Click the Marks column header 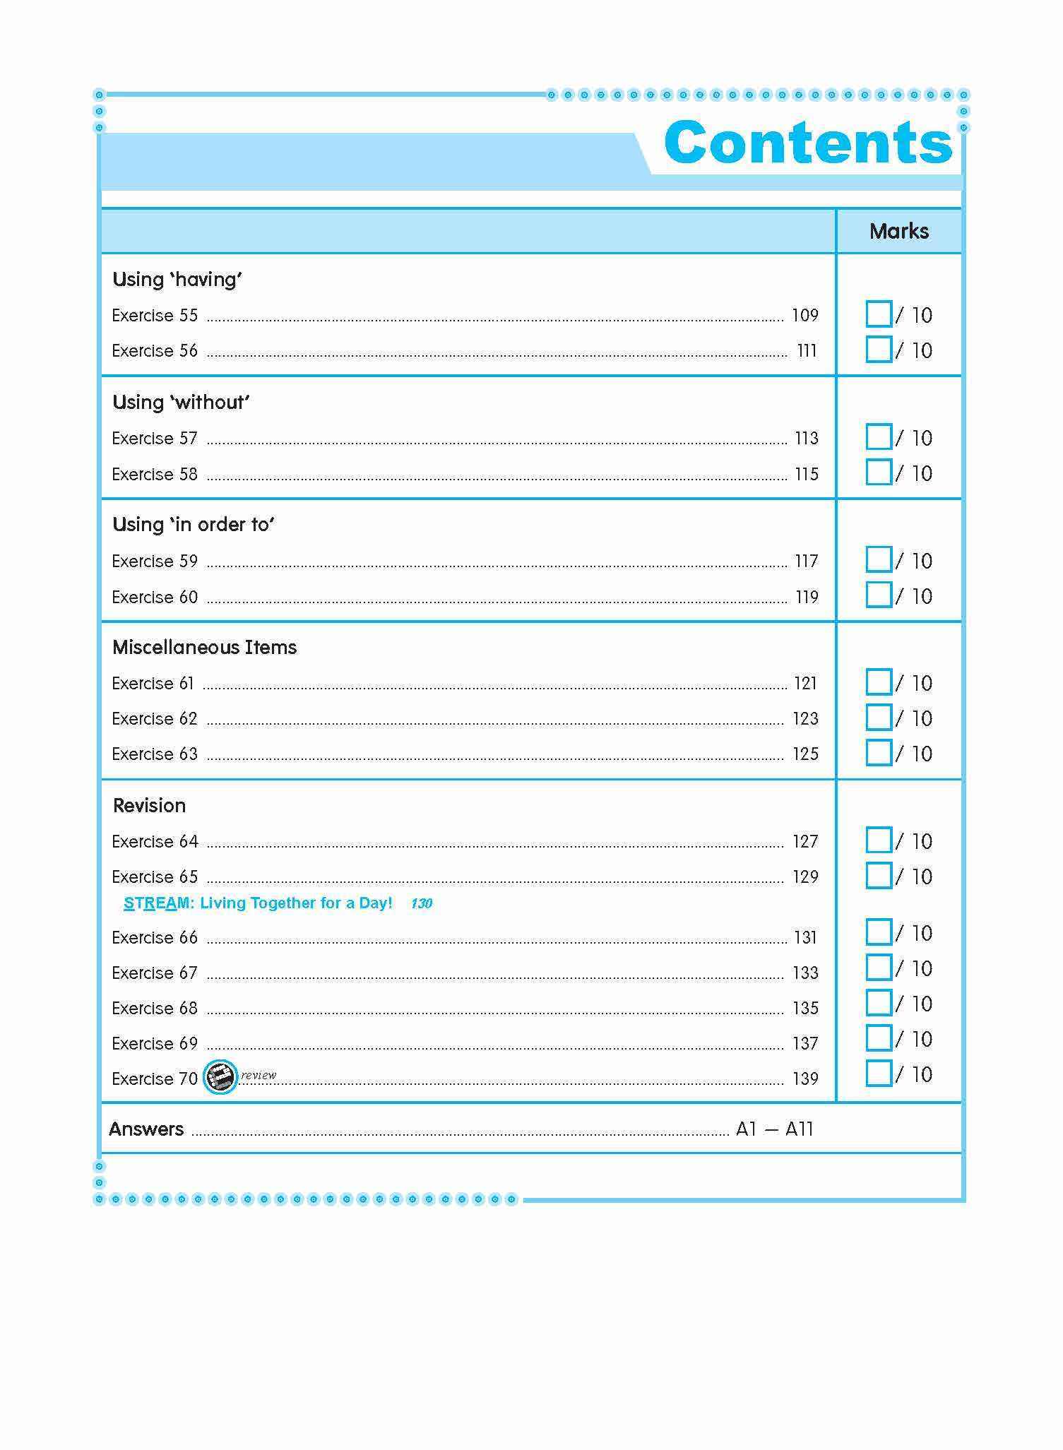pos(898,231)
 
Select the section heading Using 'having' pos(177,280)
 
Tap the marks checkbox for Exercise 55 pos(878,314)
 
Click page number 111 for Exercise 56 pos(807,351)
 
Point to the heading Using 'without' pos(181,403)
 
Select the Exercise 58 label pos(155,474)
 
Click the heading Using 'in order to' pos(193,525)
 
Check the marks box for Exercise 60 pos(878,595)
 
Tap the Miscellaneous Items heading pos(204,648)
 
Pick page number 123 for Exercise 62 pos(805,719)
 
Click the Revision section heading pos(149,806)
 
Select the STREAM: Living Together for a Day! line pos(258,903)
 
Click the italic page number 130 pos(421,903)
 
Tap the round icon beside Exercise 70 pos(220,1078)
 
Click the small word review pos(259,1075)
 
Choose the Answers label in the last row pos(146,1129)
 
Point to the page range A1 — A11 pos(774,1129)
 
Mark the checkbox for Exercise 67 pos(878,968)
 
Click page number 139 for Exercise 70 pos(805,1078)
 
